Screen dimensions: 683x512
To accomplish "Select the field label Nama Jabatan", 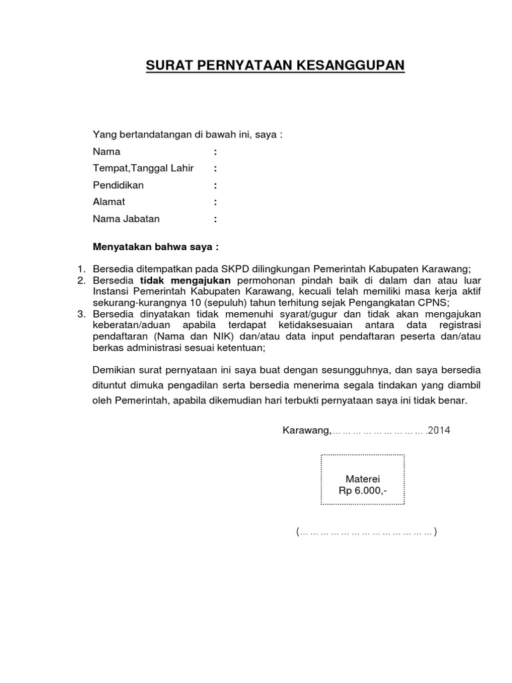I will [126, 218].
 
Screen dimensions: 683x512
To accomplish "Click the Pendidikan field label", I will [118, 185].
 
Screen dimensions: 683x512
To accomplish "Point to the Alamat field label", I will [109, 201].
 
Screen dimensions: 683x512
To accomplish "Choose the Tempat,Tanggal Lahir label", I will [143, 168].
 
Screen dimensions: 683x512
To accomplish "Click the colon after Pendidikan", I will [215, 185].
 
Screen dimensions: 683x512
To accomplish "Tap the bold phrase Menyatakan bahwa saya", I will [155, 247].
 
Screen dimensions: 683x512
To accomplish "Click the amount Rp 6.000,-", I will [363, 491].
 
